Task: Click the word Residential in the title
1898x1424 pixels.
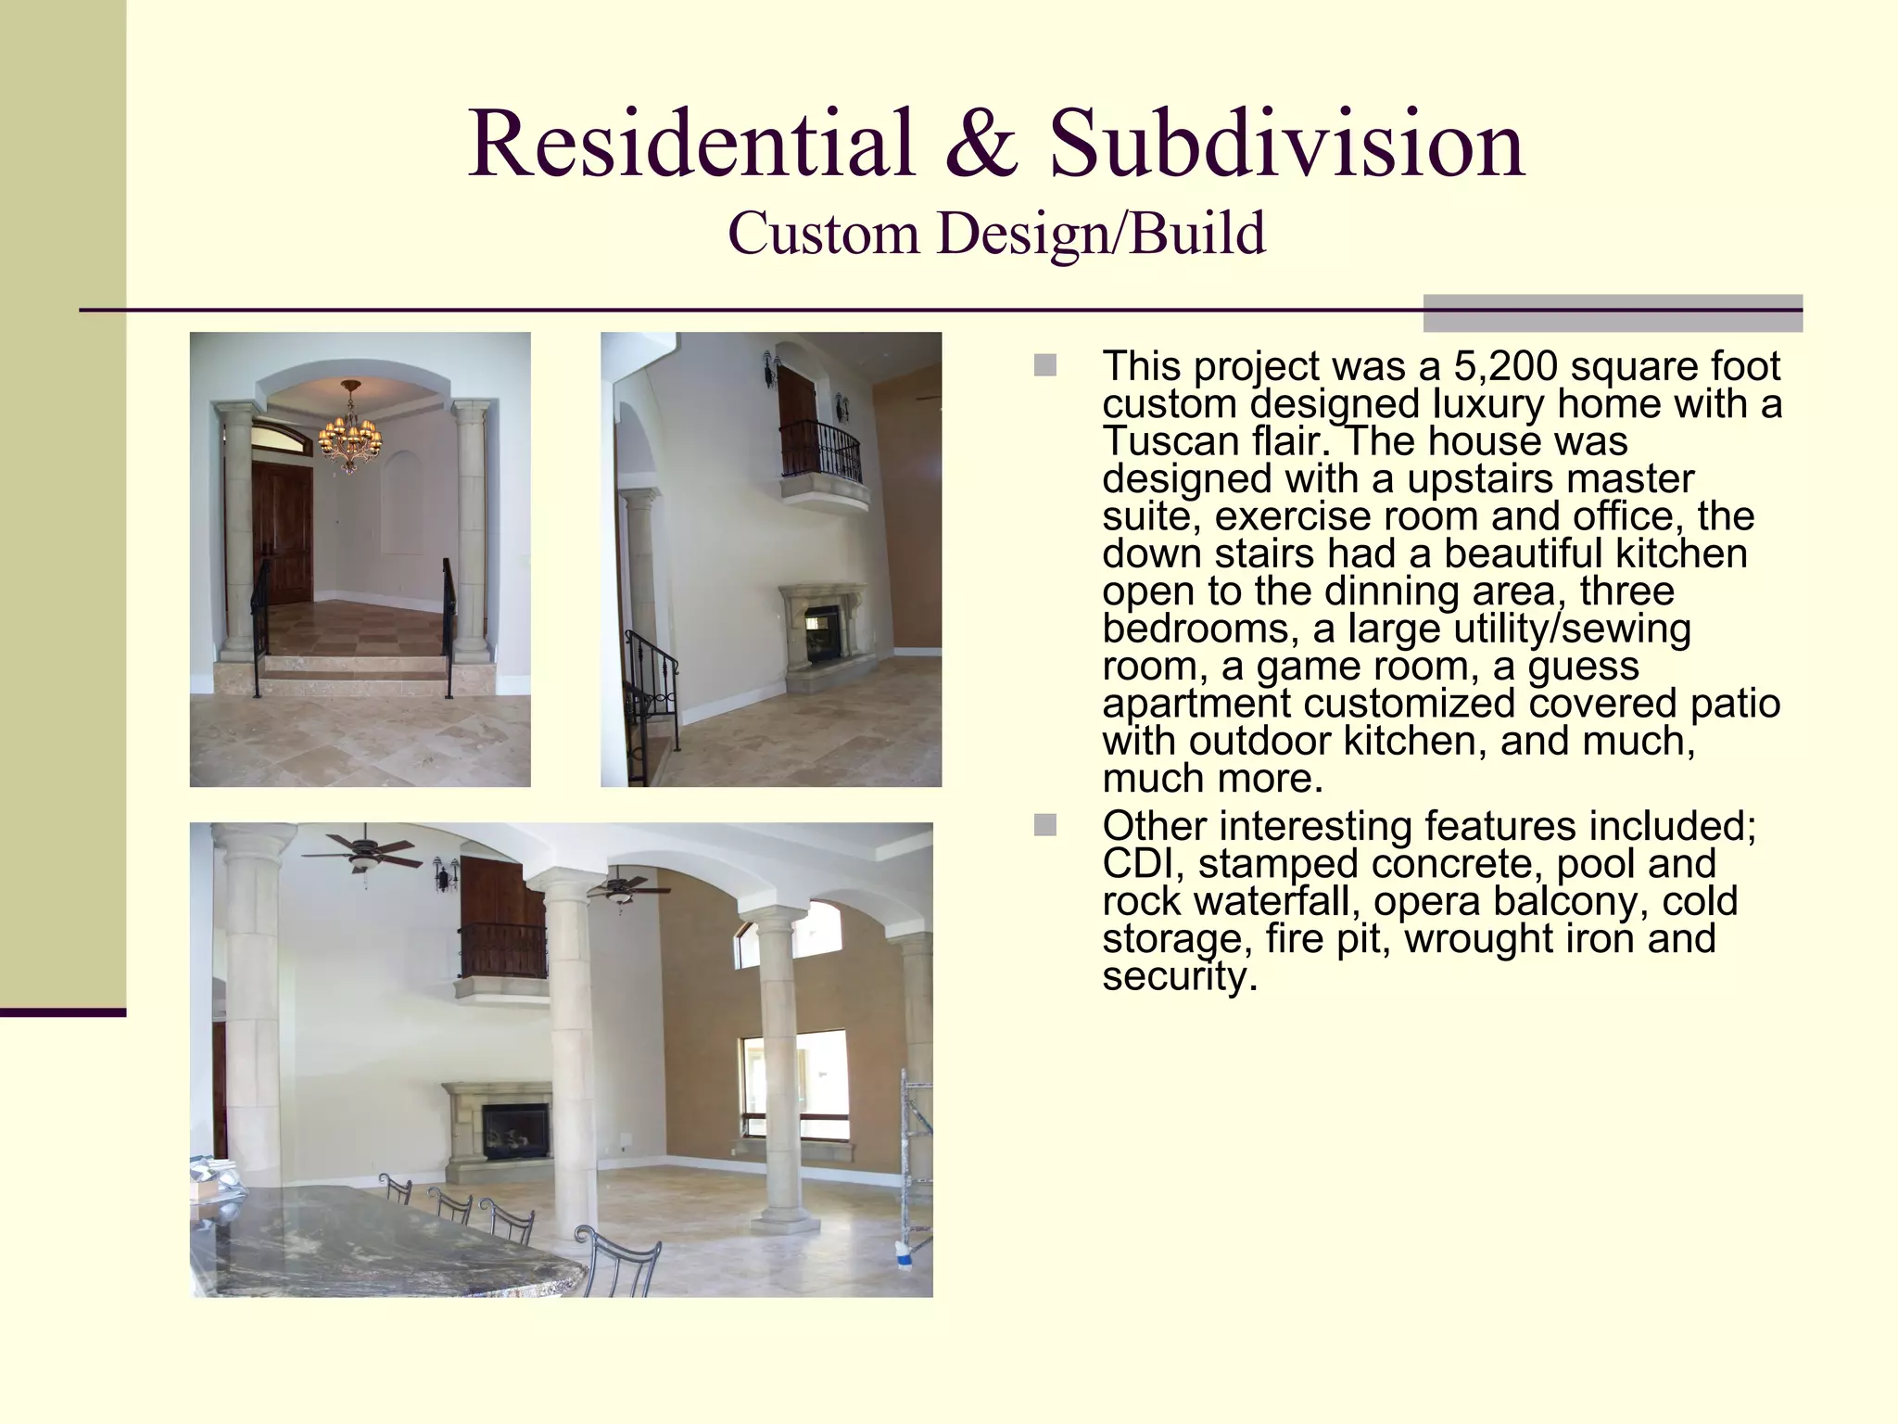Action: (691, 145)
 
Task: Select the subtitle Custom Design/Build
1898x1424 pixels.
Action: (996, 234)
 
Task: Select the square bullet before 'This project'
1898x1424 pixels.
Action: (1044, 365)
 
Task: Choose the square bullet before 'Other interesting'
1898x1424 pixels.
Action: (1044, 824)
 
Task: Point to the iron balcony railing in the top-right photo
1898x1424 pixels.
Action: (820, 451)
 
